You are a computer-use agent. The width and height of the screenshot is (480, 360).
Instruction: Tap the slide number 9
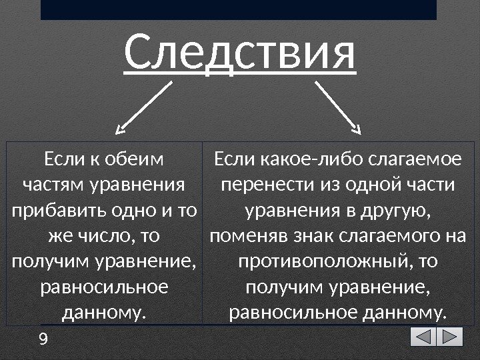(x=44, y=340)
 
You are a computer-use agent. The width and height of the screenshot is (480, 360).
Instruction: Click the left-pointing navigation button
(x=423, y=337)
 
